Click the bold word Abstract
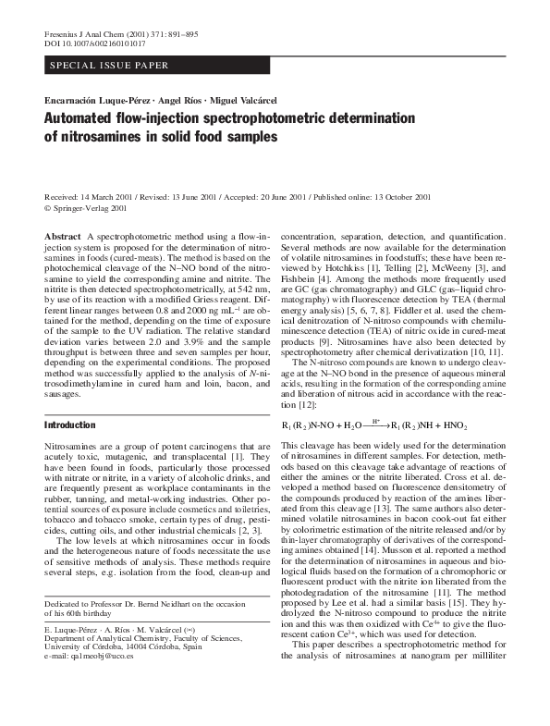tap(62, 239)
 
